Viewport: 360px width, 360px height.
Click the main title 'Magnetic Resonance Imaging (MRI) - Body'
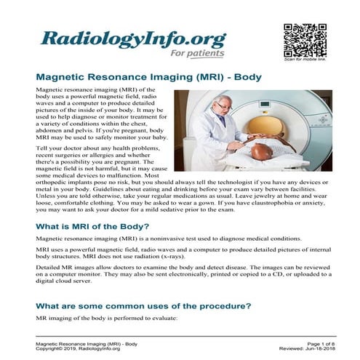148,76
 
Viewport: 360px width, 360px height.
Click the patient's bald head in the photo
260,151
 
